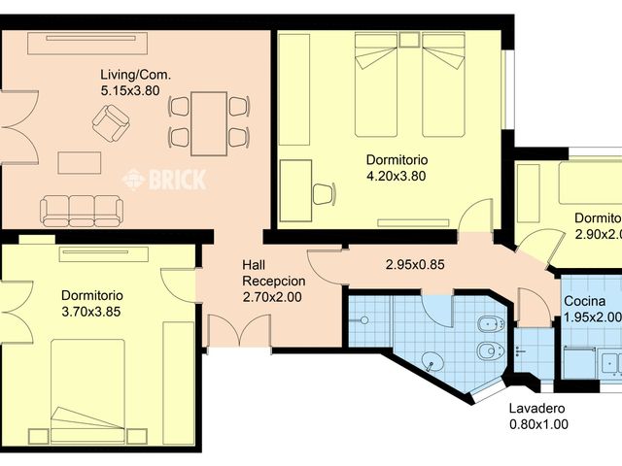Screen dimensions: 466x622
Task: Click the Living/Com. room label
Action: [x=133, y=75]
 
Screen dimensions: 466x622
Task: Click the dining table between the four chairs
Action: [x=209, y=122]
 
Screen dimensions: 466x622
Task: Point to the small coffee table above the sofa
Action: [x=80, y=162]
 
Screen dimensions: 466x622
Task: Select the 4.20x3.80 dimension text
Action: [x=397, y=176]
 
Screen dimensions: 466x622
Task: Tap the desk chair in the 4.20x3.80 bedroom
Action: [x=323, y=193]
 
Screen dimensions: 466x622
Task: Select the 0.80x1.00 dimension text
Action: [x=538, y=424]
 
